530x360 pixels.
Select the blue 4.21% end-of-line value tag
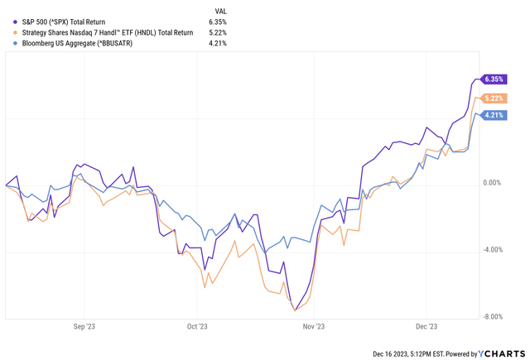pyautogui.click(x=494, y=115)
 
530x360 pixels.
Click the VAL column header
pyautogui.click(x=219, y=11)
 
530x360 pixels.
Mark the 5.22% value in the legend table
pyautogui.click(x=218, y=33)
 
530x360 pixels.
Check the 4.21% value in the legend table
pyautogui.click(x=218, y=43)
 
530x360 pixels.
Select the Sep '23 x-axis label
pyautogui.click(x=84, y=327)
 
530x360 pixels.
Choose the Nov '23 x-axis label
pyautogui.click(x=313, y=327)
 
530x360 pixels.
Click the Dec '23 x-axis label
pyautogui.click(x=427, y=327)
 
